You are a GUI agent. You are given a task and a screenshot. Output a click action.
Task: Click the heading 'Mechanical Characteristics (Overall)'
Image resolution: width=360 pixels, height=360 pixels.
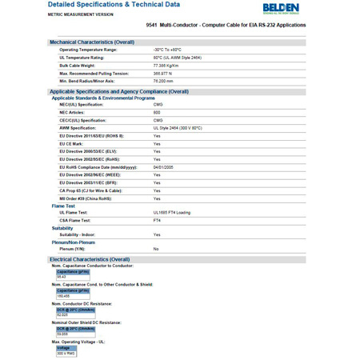pos(92,42)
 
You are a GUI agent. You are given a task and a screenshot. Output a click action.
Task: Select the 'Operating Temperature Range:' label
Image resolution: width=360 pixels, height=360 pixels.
pos(88,50)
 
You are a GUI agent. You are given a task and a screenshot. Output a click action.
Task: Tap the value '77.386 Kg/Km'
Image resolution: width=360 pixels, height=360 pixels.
pos(167,66)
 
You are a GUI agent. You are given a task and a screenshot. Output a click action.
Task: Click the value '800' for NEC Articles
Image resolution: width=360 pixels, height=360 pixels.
pos(157,112)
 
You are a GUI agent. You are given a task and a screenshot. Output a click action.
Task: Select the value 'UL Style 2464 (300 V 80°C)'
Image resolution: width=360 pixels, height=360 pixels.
pos(178,128)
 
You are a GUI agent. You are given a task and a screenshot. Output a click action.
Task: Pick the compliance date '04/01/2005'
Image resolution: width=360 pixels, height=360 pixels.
pos(163,166)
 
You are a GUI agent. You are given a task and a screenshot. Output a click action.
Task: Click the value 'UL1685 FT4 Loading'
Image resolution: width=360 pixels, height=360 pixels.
pos(172,212)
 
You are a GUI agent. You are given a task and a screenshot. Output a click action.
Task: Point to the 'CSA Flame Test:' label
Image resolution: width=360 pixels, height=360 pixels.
pos(78,220)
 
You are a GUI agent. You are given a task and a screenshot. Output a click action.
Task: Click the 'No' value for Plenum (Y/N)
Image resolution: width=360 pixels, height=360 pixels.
pos(156,249)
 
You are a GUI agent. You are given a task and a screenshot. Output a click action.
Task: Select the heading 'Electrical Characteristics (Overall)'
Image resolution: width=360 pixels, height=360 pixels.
pos(90,259)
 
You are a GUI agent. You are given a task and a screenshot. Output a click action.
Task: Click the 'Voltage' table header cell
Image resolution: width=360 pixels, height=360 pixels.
pos(63,348)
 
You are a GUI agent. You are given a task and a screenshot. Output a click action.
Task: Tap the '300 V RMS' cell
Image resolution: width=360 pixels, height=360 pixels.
pos(66,354)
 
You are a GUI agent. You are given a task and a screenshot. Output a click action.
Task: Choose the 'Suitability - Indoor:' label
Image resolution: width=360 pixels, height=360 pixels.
pos(83,234)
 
